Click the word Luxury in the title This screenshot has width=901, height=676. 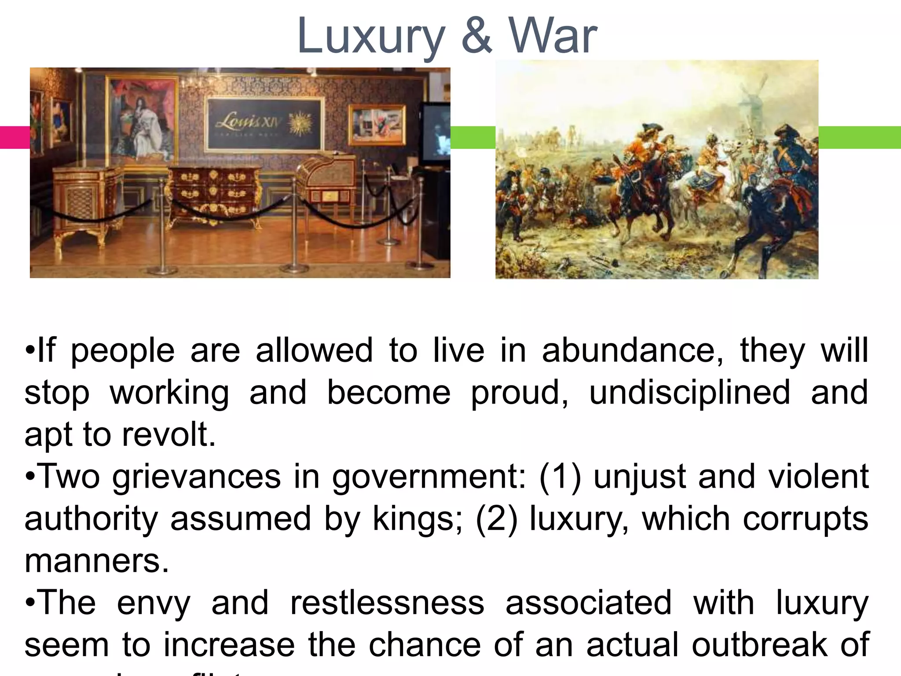point(371,36)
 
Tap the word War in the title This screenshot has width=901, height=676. point(553,36)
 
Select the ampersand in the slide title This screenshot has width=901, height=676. point(476,36)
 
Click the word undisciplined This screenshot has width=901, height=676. point(689,393)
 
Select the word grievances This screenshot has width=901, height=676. point(196,477)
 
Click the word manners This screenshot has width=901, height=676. point(96,561)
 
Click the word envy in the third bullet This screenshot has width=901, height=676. point(154,604)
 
